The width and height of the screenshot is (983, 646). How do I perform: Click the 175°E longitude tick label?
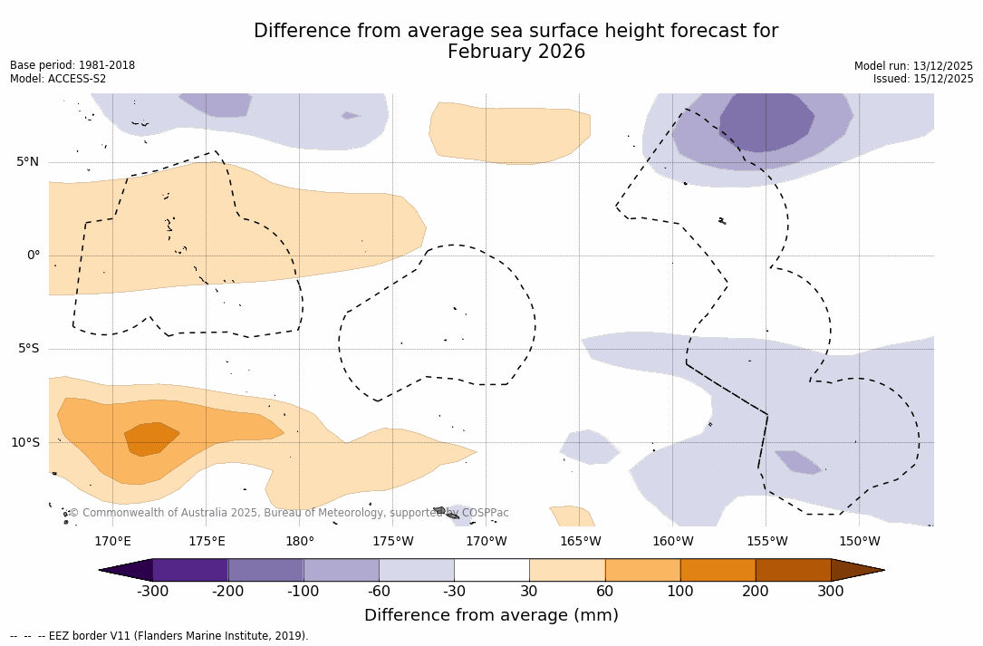click(207, 542)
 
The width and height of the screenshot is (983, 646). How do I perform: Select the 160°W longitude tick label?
click(673, 542)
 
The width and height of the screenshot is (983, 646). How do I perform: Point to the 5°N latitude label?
click(27, 162)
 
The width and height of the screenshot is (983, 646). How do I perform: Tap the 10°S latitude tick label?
click(24, 443)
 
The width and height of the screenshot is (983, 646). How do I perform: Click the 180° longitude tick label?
click(300, 542)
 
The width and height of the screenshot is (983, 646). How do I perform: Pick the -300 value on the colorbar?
click(153, 592)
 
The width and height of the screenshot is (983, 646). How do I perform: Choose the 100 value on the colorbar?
click(680, 592)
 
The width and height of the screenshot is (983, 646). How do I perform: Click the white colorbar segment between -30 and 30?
click(492, 570)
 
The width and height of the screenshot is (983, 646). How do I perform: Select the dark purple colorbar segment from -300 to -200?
click(190, 570)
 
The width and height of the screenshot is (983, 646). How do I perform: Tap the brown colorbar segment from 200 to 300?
click(793, 570)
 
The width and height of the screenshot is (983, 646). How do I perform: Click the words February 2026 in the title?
click(516, 53)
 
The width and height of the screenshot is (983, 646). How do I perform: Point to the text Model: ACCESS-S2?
click(58, 79)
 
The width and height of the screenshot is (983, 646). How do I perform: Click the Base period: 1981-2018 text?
click(72, 65)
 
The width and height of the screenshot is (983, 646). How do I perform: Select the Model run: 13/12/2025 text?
click(913, 66)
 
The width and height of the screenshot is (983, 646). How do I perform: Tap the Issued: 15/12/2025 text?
click(923, 79)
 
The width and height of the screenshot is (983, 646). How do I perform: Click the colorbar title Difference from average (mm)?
click(491, 616)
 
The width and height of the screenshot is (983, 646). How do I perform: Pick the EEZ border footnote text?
click(159, 636)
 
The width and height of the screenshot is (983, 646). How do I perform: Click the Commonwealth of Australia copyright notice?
click(288, 513)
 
